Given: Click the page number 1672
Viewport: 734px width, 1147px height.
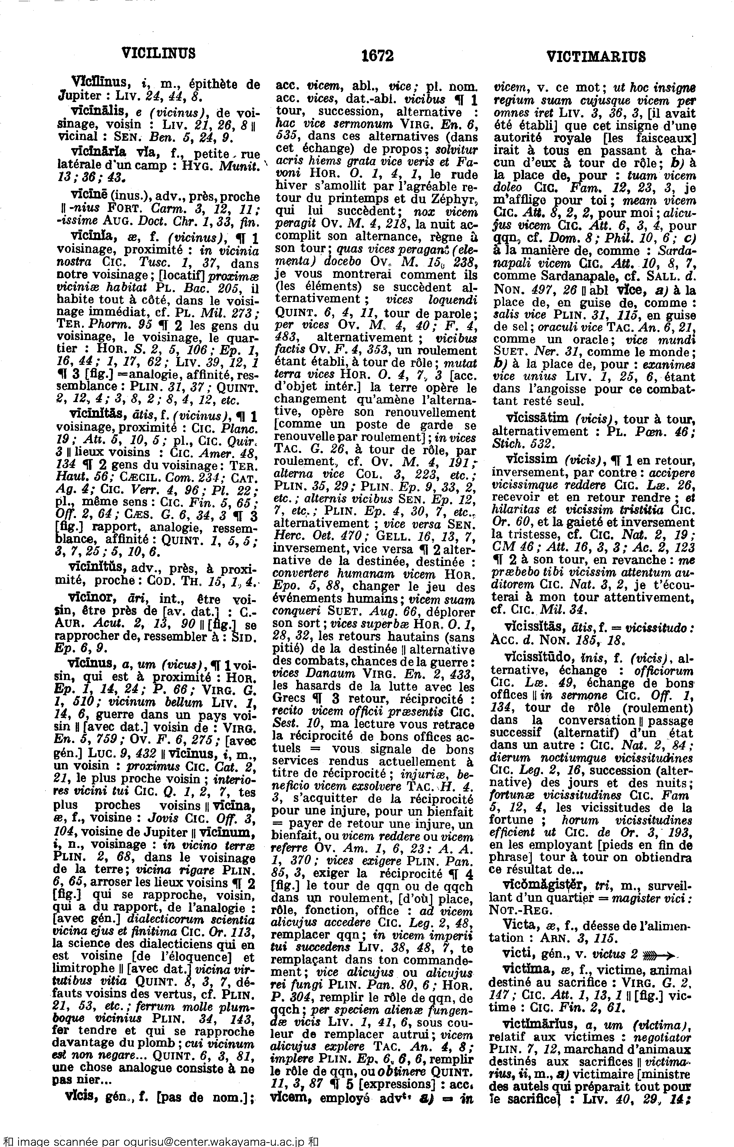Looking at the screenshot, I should [377, 57].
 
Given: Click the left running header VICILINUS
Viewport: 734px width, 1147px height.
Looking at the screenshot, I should [159, 53].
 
